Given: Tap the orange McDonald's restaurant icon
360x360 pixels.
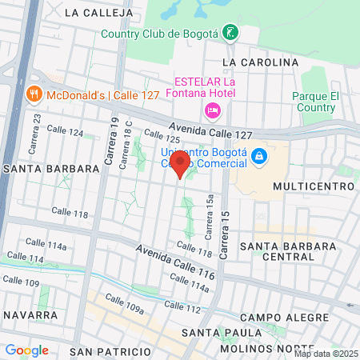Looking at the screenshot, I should [33, 94].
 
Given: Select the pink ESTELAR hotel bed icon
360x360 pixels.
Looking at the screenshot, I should [213, 110].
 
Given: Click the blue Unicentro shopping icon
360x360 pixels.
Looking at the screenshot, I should [258, 156].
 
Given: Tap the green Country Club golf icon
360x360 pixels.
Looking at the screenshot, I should [230, 33].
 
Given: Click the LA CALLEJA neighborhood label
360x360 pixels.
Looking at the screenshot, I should [94, 12].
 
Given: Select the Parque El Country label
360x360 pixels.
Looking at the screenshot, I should [317, 101].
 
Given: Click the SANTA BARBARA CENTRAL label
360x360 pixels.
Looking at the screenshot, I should [287, 250].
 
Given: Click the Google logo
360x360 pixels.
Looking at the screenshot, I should [26, 350].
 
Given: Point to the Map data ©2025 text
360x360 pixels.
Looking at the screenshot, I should [326, 354].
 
